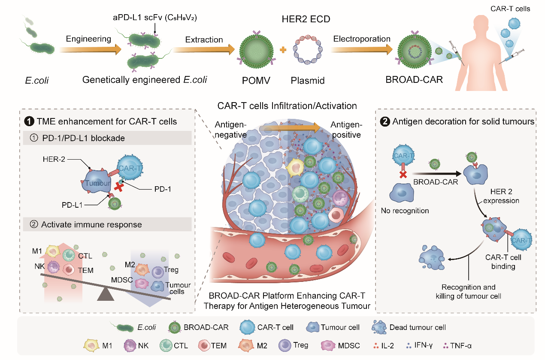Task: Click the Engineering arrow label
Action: pos(88,39)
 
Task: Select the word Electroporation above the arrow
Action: pos(362,39)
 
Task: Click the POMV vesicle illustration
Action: pos(257,53)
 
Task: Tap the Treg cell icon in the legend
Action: pos(285,345)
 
